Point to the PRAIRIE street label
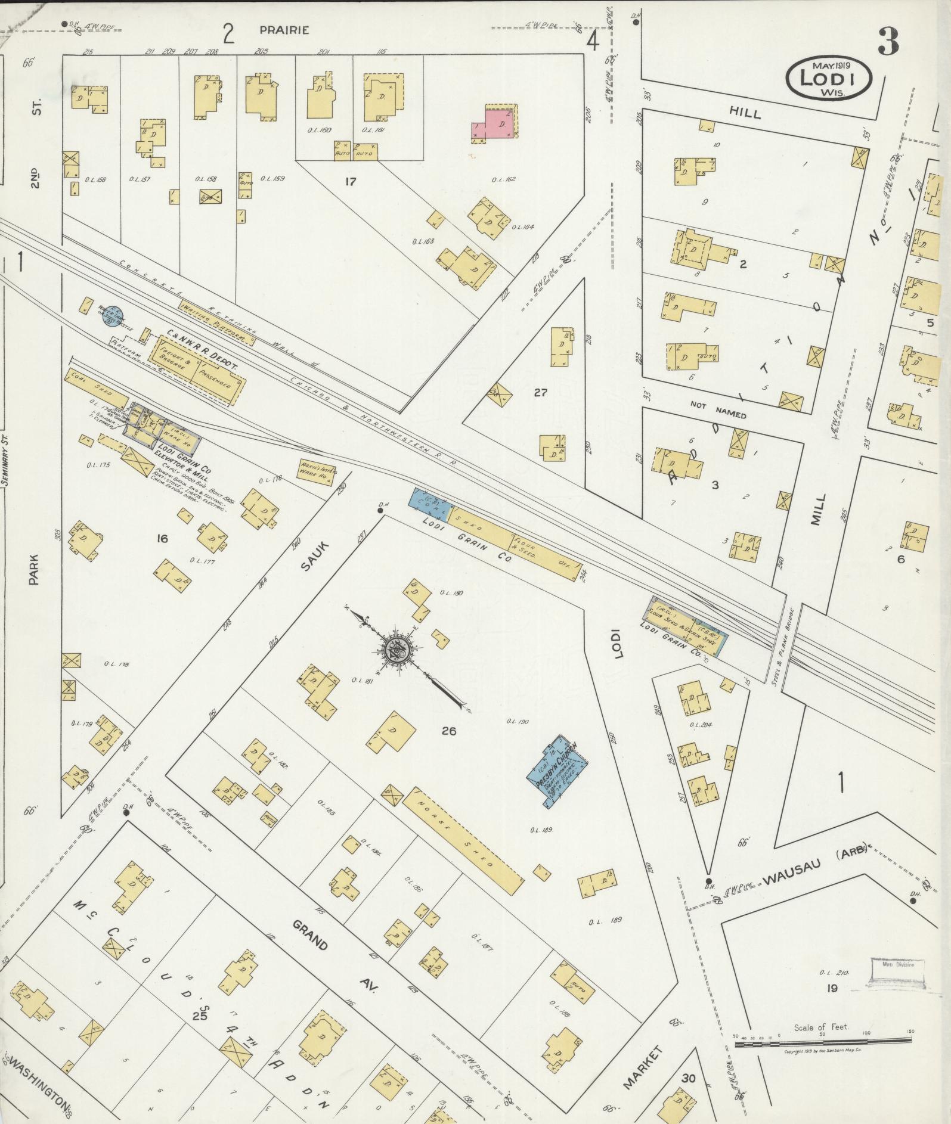(x=284, y=30)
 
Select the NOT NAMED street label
(x=718, y=409)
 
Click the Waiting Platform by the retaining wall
(x=216, y=322)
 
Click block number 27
(x=540, y=393)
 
